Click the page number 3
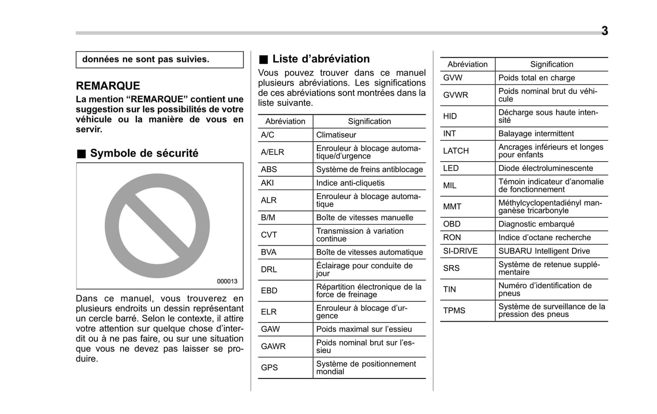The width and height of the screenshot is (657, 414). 604,31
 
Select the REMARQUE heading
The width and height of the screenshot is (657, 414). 108,86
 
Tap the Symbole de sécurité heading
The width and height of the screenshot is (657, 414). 144,153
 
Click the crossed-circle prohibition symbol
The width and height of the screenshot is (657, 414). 157,226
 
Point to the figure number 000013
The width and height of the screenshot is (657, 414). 227,281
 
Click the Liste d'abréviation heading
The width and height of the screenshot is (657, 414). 321,59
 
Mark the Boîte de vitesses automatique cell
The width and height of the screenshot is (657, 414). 369,252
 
